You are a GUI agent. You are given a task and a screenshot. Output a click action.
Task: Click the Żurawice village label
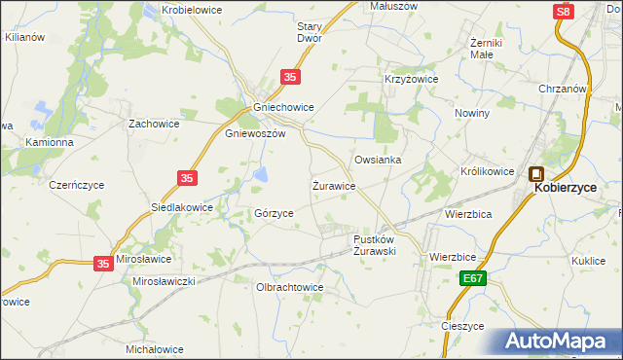[x=333, y=185]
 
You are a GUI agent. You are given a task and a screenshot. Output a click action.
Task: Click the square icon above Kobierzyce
[x=536, y=175]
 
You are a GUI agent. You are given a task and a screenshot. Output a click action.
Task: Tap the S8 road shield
[x=563, y=12]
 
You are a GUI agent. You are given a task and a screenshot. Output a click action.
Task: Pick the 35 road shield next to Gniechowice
[x=291, y=76]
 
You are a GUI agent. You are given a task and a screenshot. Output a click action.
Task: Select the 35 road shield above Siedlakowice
[x=189, y=178]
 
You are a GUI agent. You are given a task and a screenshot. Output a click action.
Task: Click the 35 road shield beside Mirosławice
[x=104, y=263]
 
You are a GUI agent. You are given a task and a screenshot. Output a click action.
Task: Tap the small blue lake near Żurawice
[x=262, y=175]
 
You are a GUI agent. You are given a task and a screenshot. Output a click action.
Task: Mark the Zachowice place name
[x=157, y=124]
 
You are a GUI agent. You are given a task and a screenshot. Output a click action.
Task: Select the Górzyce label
[x=274, y=213]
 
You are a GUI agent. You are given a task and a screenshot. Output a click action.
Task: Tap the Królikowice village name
[x=487, y=171]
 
